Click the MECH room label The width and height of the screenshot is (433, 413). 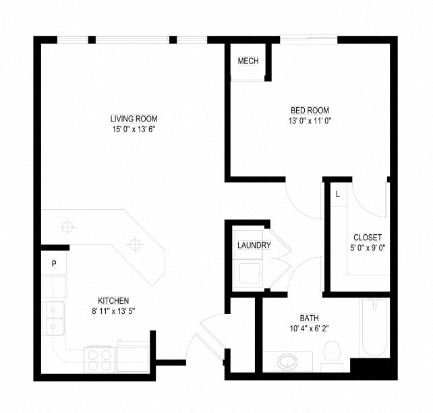coord(248,61)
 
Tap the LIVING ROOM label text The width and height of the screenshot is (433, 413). coord(134,119)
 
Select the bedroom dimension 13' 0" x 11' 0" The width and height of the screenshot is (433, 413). coord(310,121)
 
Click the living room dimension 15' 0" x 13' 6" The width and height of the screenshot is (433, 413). coord(134,130)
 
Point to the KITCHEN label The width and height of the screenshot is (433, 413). coord(113,300)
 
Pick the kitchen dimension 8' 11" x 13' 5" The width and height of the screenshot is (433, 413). coord(113,311)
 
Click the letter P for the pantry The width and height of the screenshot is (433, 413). coord(54,264)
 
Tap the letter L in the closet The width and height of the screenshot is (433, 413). coord(338,194)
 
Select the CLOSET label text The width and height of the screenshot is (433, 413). coord(368,238)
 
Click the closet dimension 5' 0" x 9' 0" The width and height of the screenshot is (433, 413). coord(368,248)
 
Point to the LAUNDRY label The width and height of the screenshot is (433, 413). coord(254,245)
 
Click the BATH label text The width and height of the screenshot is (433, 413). coord(310,319)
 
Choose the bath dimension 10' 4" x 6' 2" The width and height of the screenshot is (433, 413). coord(310,329)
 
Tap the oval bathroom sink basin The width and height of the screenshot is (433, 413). coord(287,362)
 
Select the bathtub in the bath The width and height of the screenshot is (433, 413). coord(374,328)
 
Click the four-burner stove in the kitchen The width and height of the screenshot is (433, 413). coord(99,360)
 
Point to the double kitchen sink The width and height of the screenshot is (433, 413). coord(53,319)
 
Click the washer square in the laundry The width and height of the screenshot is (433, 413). coord(250,273)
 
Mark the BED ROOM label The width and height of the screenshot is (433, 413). coord(310,111)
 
